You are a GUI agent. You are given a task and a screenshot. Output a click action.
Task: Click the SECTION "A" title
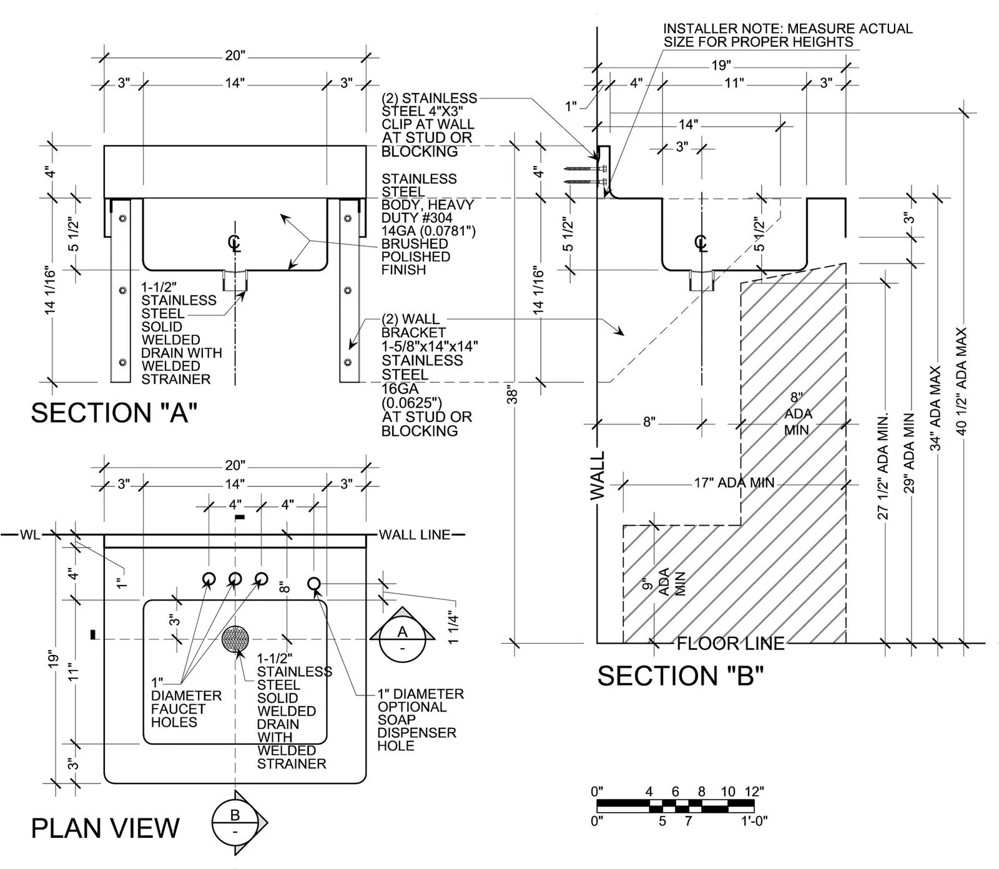tap(114, 413)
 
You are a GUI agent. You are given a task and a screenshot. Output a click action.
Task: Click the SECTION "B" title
tap(681, 676)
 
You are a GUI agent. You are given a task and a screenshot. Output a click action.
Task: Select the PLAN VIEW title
tap(105, 828)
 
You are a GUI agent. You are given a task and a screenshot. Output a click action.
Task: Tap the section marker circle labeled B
tap(235, 815)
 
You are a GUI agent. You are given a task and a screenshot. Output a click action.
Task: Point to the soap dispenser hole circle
tap(314, 583)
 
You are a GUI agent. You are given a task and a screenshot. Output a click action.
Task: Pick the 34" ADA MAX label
tap(935, 408)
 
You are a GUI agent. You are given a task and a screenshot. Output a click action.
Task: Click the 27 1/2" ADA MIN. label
tap(883, 465)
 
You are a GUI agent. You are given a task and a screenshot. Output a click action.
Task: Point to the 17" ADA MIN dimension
tap(734, 483)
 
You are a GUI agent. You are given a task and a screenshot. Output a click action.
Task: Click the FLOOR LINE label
tap(731, 644)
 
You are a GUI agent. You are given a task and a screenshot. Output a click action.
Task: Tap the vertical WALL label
tap(598, 476)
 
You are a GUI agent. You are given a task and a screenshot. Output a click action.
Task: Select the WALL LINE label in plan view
tap(414, 534)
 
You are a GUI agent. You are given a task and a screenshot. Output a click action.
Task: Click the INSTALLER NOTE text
tap(787, 35)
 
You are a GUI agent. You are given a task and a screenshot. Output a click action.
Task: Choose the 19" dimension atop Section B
tap(721, 65)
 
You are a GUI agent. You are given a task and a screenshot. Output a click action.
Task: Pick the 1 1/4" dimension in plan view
tap(453, 629)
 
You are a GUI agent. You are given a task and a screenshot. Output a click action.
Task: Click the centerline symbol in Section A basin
tap(235, 243)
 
